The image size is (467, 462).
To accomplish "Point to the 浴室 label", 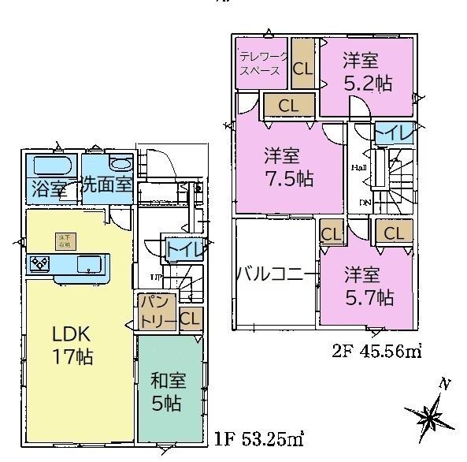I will pos(47,188).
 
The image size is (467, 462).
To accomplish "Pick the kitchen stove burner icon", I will pos(40,263).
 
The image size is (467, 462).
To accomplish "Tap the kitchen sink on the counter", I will pos(89,263).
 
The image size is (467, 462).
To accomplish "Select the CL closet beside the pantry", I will pos(189,319).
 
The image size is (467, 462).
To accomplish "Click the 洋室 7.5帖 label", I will pos(287,167).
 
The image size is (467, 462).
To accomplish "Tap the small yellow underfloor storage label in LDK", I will pos(63,239).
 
